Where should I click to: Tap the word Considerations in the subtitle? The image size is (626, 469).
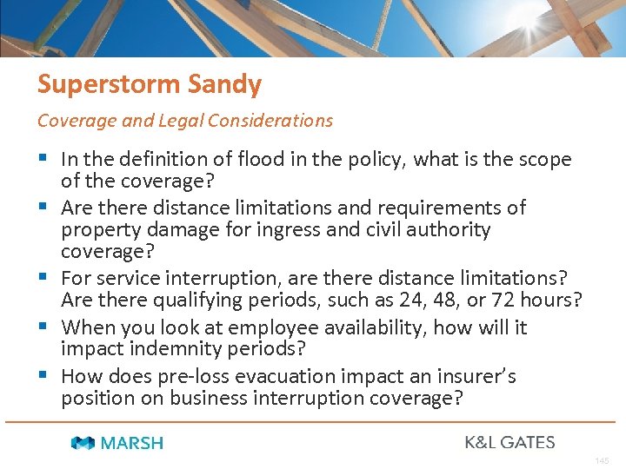[281, 121]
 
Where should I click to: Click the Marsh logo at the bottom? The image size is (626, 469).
[117, 443]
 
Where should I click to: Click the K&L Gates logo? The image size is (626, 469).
[509, 442]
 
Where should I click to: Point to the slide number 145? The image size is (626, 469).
[603, 460]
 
